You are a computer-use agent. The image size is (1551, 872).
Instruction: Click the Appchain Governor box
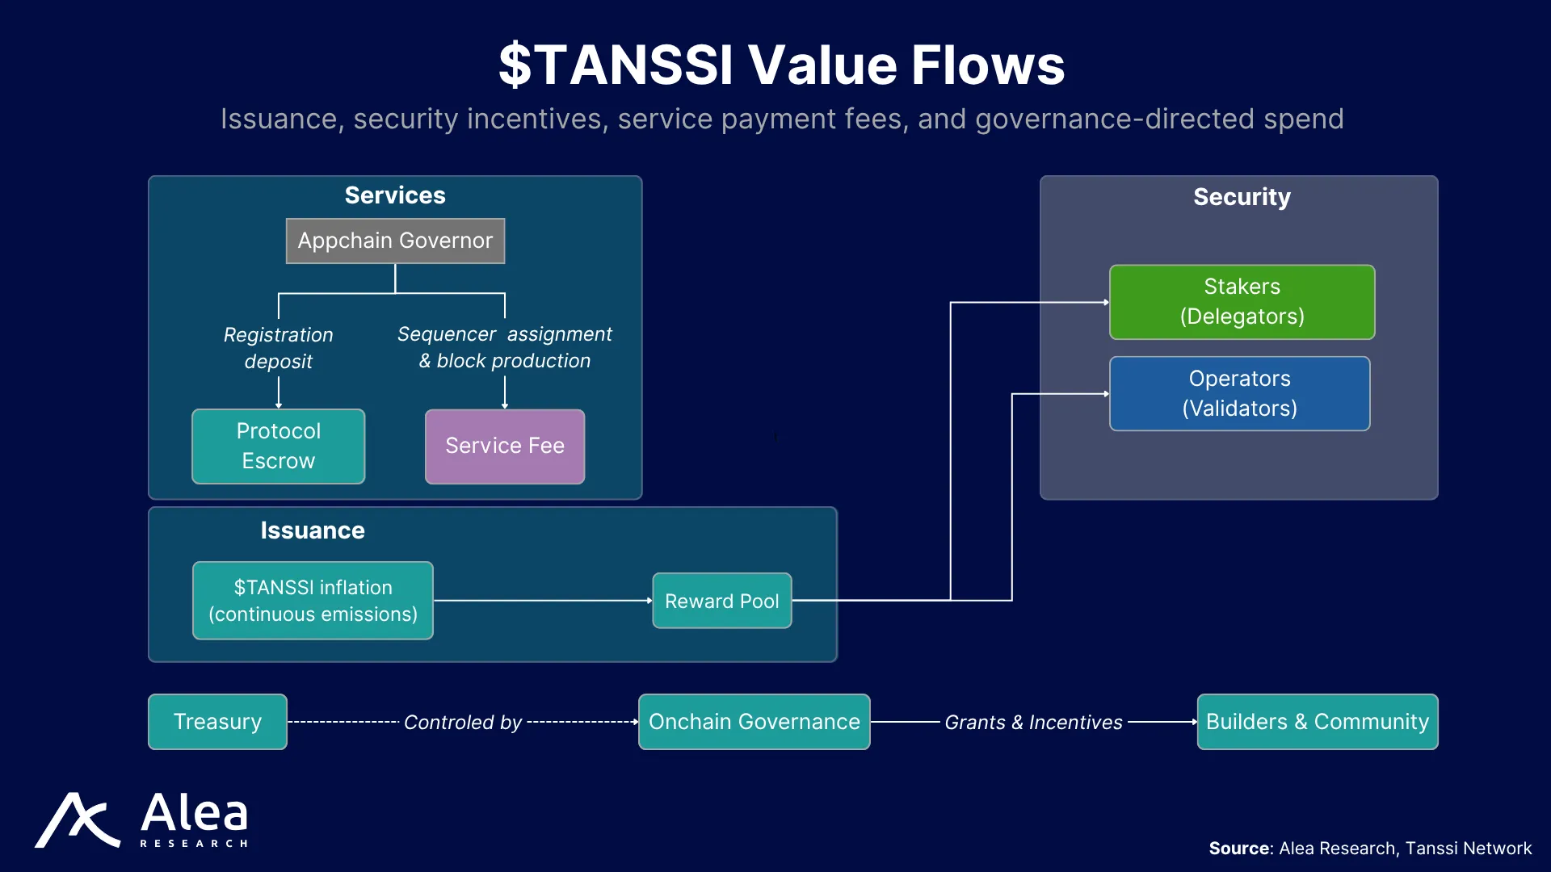(x=395, y=241)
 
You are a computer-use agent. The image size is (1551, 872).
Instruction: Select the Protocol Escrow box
(x=279, y=446)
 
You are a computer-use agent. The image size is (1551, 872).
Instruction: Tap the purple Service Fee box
(x=505, y=446)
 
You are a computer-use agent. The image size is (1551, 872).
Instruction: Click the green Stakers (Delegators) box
(x=1242, y=302)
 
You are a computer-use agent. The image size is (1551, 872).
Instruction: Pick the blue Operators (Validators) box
(x=1240, y=394)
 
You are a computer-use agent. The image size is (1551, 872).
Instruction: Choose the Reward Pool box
(x=722, y=601)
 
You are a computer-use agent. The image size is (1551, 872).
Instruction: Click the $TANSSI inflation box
(x=313, y=601)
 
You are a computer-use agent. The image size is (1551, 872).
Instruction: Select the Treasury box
(x=217, y=722)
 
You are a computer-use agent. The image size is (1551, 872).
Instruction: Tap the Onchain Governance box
(x=754, y=722)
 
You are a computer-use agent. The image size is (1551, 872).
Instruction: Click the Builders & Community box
(x=1318, y=722)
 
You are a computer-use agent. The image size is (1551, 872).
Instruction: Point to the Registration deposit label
(x=279, y=348)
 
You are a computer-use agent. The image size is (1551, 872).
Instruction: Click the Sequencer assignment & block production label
(x=505, y=347)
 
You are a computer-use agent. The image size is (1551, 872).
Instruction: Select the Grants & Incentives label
(x=1034, y=723)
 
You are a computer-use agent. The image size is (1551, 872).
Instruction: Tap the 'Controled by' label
(x=463, y=723)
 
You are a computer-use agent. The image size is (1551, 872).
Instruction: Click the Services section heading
(x=395, y=195)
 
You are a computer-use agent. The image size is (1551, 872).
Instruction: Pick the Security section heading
(x=1242, y=197)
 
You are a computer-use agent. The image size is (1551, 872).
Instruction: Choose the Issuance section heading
(x=313, y=530)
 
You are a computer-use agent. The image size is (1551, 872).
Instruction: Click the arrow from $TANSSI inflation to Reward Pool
(x=543, y=601)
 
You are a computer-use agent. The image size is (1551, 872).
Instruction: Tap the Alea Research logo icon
(x=78, y=820)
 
